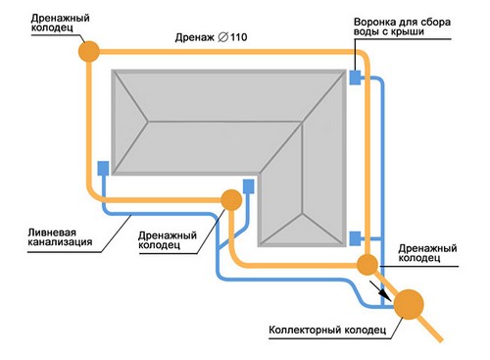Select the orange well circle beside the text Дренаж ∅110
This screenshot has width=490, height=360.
click(x=89, y=50)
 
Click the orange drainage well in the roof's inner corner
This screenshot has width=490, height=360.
click(x=231, y=200)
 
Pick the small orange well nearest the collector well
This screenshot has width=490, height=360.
click(x=367, y=263)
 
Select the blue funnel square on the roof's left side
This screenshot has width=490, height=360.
click(x=103, y=169)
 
